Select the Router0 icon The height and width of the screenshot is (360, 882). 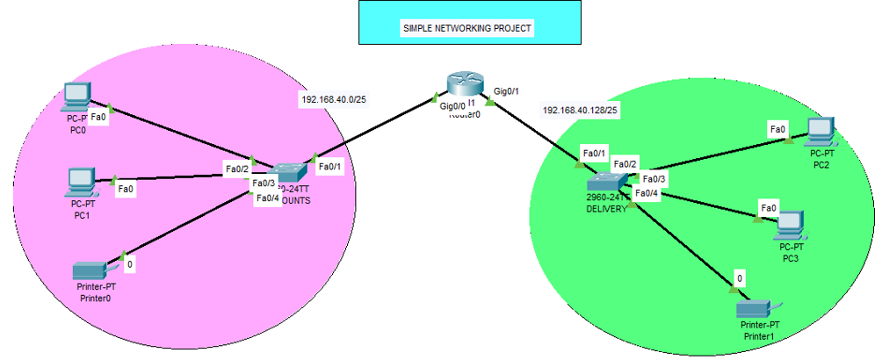point(464,83)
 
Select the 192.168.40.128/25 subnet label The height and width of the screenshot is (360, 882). point(581,111)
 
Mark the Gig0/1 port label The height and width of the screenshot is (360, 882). point(507,91)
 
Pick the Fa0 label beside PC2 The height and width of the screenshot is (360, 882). point(777,129)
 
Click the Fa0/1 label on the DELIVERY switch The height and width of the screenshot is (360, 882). point(595,154)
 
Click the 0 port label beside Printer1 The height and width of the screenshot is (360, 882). point(740,278)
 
